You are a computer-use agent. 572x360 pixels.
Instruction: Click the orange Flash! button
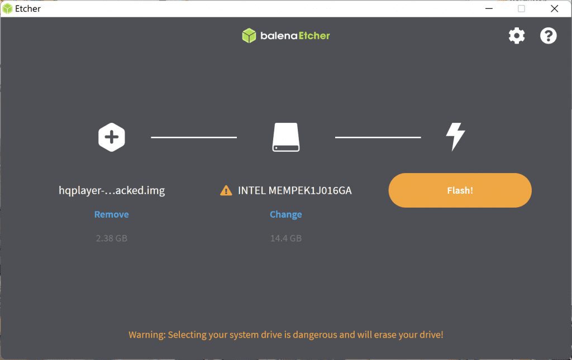coord(460,190)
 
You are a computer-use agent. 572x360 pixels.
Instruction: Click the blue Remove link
coord(112,214)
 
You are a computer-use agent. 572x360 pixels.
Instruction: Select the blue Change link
coord(285,214)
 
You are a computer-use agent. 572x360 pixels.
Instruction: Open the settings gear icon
coord(517,36)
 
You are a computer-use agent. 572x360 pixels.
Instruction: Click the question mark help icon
coord(549,36)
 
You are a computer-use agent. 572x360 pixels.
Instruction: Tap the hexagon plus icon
coord(112,137)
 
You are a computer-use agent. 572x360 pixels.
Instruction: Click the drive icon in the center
coord(286,137)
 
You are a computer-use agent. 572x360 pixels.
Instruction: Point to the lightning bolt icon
coord(455,137)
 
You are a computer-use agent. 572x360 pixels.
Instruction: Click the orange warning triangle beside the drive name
coord(226,191)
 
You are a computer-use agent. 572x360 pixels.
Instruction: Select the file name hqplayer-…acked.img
coord(112,190)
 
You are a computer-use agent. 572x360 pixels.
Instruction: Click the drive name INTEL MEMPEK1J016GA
coord(295,190)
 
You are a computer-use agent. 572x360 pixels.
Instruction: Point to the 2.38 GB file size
coord(112,238)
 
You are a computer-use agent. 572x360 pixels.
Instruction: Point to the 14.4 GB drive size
coord(286,238)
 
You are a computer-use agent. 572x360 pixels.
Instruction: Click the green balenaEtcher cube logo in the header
coord(249,36)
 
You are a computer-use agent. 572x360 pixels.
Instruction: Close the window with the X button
coord(554,8)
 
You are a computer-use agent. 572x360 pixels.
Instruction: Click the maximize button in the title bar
coord(522,8)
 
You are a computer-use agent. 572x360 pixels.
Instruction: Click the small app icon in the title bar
coord(8,8)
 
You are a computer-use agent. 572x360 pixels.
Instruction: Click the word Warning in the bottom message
coord(146,335)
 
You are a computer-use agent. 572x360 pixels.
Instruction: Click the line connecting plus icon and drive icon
coord(194,137)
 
